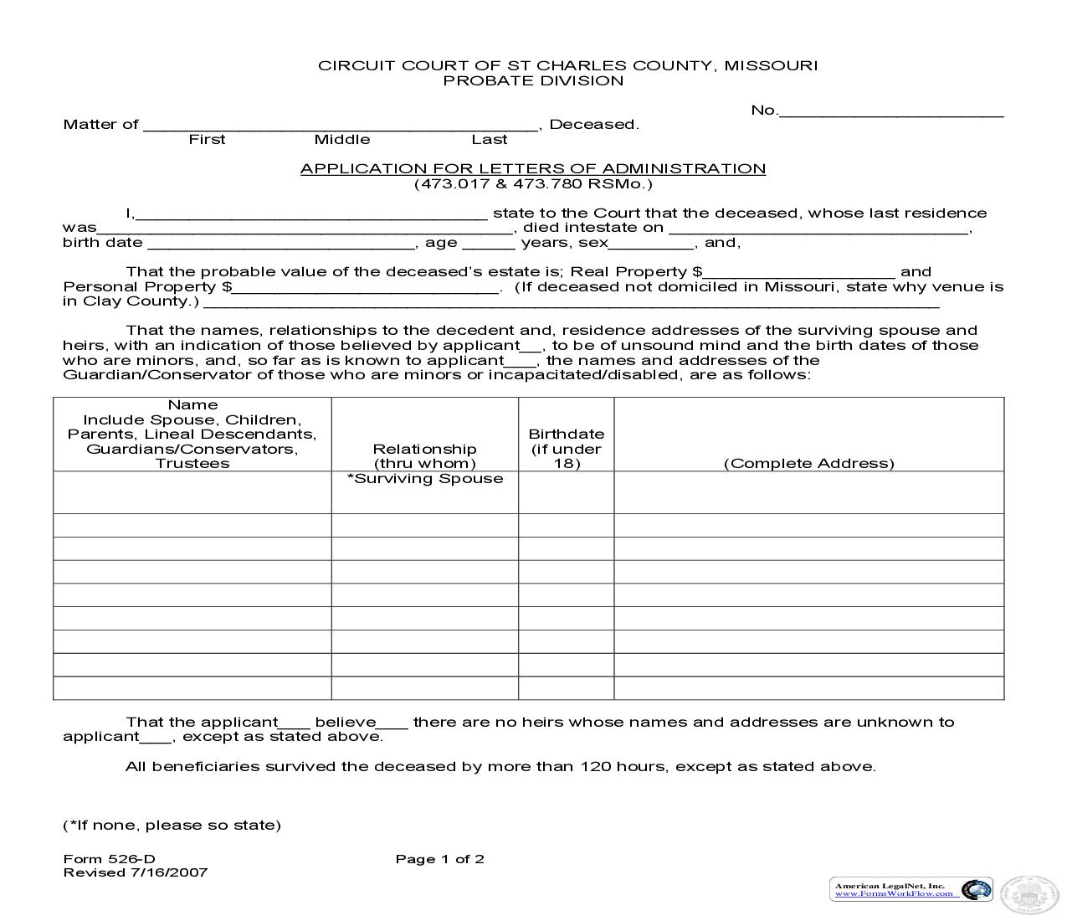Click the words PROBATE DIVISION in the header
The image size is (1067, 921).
coord(533,80)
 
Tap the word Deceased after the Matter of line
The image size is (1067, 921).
coord(592,124)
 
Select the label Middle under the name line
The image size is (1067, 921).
coord(341,139)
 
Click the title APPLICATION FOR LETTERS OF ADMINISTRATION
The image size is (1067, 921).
coord(533,168)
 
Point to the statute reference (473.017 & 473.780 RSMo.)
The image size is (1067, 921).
coord(533,183)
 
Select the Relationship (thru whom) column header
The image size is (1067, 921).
coord(424,455)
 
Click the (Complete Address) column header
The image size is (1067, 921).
coord(808,463)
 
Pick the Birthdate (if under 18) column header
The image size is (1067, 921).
coord(566,448)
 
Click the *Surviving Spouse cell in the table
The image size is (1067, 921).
coord(425,479)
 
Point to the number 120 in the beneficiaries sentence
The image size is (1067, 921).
coord(595,766)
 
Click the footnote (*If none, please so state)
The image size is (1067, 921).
coord(172,825)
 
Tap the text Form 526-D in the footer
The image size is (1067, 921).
coord(109,858)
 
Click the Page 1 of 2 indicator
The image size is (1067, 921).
coord(439,858)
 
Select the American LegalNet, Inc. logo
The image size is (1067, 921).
coord(911,889)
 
